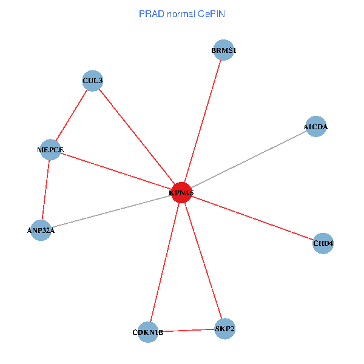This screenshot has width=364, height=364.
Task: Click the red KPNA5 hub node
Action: click(x=181, y=192)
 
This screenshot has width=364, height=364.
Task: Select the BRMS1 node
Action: click(x=224, y=50)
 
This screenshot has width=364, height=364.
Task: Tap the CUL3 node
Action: click(x=92, y=81)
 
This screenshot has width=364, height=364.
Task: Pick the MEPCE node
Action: click(x=50, y=150)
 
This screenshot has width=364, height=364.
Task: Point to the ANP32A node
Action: click(x=41, y=230)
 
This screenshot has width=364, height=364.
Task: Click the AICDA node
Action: click(x=315, y=127)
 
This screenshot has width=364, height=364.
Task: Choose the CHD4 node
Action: click(x=323, y=243)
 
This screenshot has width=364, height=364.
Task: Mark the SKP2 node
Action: click(x=224, y=329)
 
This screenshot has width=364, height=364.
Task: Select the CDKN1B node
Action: click(x=148, y=332)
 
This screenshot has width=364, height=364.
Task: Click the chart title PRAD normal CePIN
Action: click(x=182, y=13)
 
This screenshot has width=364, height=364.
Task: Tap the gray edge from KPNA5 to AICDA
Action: click(x=249, y=160)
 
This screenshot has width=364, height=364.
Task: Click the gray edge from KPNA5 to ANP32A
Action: click(x=111, y=211)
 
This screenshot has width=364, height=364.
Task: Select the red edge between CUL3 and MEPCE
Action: click(x=72, y=115)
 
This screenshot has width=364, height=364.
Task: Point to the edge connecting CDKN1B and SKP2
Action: click(x=186, y=331)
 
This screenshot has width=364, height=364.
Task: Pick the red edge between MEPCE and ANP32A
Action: click(x=45, y=190)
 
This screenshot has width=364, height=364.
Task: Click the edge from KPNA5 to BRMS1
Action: click(x=203, y=121)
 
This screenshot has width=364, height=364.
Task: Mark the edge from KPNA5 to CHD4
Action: click(x=252, y=218)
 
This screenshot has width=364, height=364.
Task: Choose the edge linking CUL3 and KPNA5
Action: click(x=136, y=136)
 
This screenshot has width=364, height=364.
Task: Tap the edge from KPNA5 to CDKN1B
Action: click(x=164, y=262)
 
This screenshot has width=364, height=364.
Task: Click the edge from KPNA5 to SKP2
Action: click(x=203, y=261)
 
